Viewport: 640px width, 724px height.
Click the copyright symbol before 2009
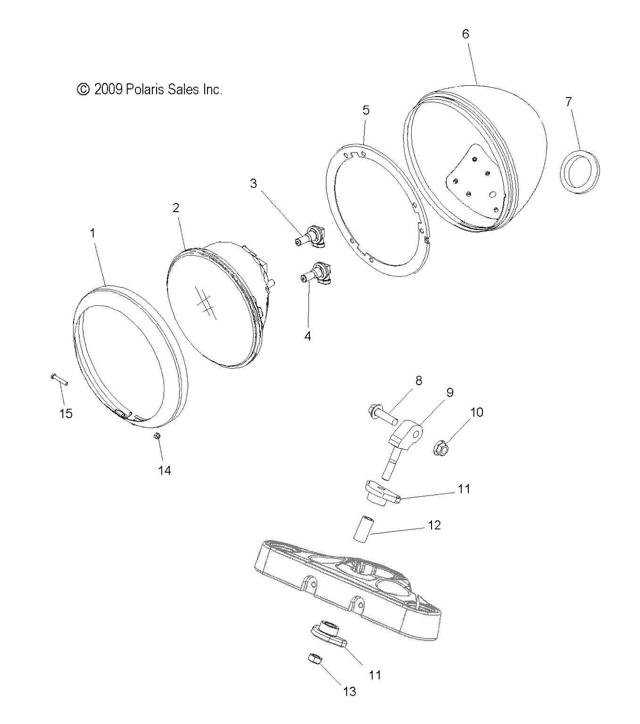83,89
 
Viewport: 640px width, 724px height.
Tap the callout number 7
568,101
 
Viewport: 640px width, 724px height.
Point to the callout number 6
465,34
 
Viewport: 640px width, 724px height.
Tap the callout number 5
366,110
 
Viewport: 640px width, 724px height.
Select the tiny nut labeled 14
158,436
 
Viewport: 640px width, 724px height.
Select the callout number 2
176,208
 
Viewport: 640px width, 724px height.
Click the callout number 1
92,233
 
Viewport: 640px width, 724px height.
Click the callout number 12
434,525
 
